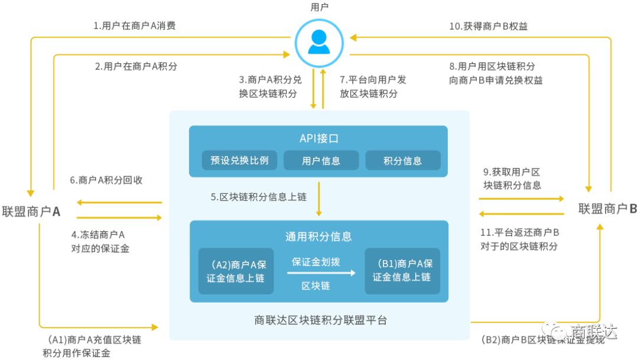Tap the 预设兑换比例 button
click(239, 160)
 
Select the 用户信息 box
click(321, 160)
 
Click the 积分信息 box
click(402, 160)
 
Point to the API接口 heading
click(319, 138)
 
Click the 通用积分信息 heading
click(319, 236)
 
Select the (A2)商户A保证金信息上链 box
click(236, 271)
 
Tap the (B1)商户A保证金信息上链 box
click(402, 271)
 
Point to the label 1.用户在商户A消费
click(135, 25)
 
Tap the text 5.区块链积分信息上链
click(259, 197)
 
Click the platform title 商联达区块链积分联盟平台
click(320, 320)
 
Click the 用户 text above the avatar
click(319, 7)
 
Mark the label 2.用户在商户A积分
click(136, 66)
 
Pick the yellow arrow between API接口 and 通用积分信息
click(319, 199)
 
